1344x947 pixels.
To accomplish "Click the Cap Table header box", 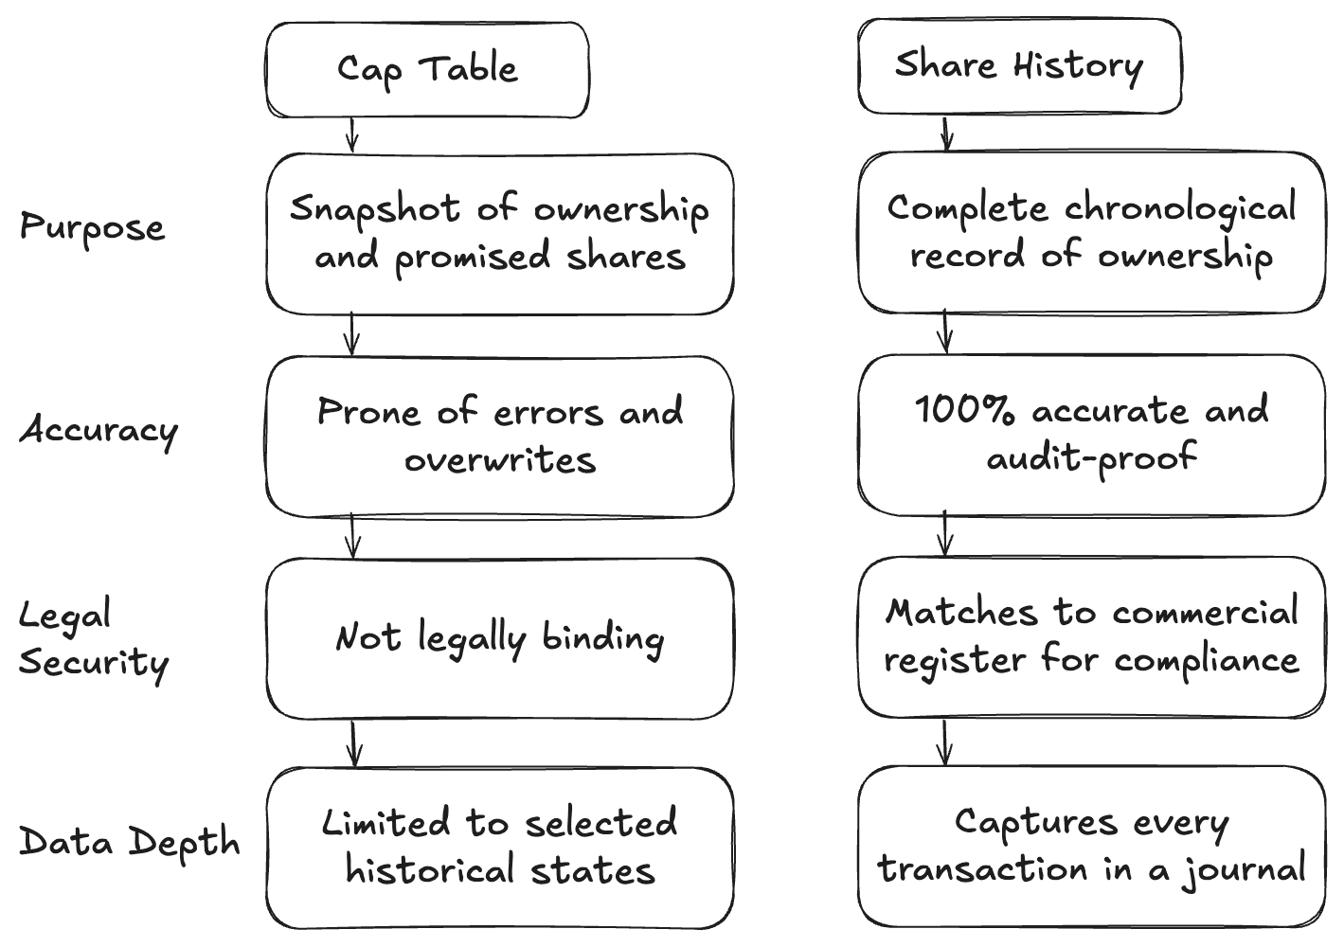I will (427, 70).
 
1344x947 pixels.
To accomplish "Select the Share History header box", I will (1019, 66).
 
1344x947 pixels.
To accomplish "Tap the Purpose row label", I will (93, 228).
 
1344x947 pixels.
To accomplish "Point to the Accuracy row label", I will (99, 430).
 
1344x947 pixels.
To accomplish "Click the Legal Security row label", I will (93, 639).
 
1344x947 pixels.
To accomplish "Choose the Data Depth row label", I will (130, 842).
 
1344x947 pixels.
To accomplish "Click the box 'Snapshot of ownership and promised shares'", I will (499, 234).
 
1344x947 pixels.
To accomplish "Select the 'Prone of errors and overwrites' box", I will (499, 437).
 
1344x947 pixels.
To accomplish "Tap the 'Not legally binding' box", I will (499, 638).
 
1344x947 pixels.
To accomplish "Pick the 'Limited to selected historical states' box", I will (499, 848).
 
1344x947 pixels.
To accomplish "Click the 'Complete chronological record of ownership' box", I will (1091, 232).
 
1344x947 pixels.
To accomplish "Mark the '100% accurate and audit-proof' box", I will (1091, 435).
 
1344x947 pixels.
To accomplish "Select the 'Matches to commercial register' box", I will (1091, 636).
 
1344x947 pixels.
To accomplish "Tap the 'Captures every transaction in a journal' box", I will (1091, 846).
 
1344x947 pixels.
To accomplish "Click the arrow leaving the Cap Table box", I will (351, 135).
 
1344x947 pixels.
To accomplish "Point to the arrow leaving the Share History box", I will (944, 133).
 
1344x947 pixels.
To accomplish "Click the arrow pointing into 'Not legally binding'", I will (352, 537).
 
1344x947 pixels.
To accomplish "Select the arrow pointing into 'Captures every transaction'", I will (944, 742).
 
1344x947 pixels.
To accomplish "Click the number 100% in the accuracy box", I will (963, 411).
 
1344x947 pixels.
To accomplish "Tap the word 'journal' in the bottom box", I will (1245, 870).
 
